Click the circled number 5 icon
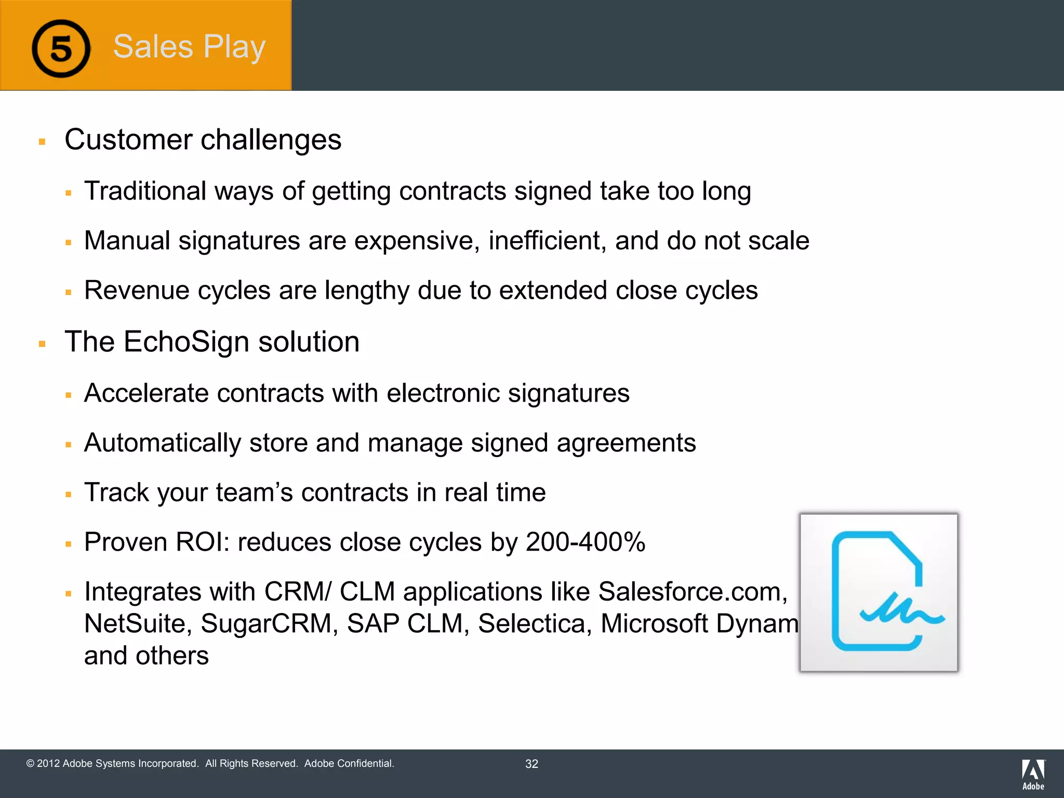point(61,49)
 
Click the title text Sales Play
point(189,47)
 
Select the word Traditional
point(145,191)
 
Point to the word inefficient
point(547,241)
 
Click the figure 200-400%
point(586,542)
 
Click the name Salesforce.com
point(693,592)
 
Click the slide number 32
point(531,764)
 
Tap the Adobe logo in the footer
point(1033,774)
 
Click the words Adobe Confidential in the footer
point(349,763)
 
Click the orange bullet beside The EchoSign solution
point(42,343)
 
